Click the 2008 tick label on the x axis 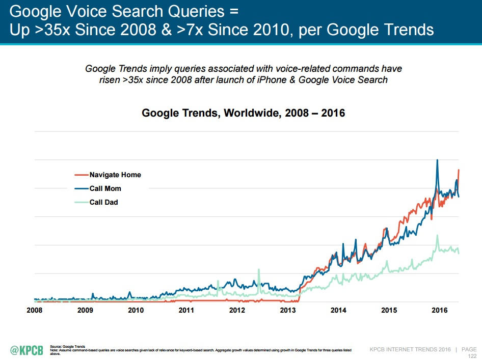point(34,310)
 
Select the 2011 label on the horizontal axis point(186,310)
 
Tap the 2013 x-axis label point(287,310)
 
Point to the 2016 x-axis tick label point(439,310)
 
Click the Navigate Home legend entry point(115,175)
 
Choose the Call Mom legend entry point(105,188)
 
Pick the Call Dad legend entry point(103,202)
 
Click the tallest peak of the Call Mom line point(437,160)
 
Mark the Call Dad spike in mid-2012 point(259,269)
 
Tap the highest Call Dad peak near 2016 point(437,235)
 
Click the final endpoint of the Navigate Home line point(459,170)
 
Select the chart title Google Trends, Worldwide point(243,113)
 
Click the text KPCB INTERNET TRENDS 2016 point(411,349)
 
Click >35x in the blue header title point(53,30)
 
